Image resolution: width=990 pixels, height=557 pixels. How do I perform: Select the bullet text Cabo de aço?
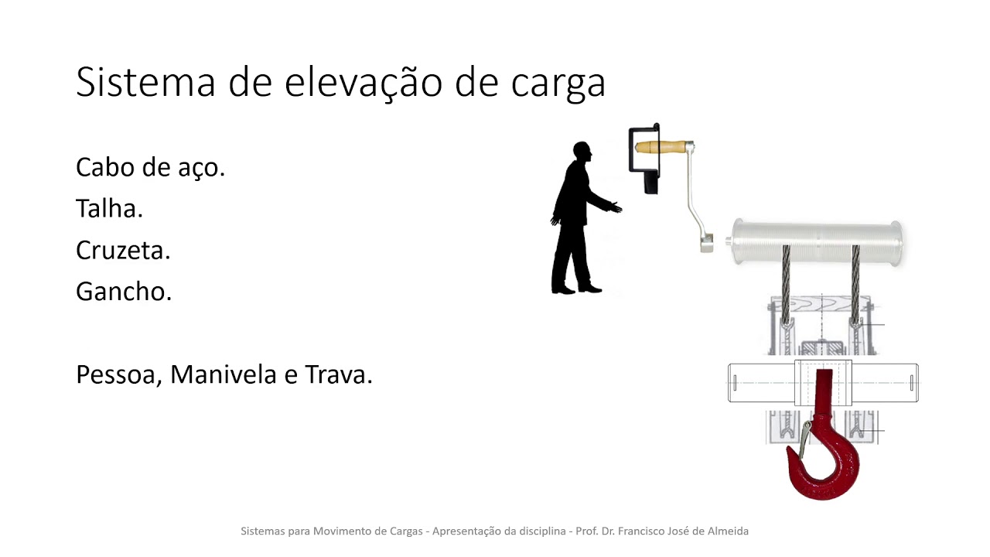(x=150, y=166)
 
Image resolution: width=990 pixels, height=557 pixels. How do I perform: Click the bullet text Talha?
(x=109, y=208)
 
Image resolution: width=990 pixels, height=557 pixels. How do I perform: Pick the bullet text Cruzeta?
(x=123, y=250)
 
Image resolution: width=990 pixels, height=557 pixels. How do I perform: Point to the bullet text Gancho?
(x=123, y=292)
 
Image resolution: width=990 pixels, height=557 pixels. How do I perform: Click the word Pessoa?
(x=118, y=374)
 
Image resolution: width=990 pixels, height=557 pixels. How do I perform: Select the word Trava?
(x=339, y=374)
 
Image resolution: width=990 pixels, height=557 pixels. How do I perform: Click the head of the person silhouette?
(x=582, y=152)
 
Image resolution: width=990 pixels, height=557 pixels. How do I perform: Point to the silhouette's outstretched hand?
(x=616, y=207)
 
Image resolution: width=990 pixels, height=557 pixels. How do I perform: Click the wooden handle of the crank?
(x=662, y=146)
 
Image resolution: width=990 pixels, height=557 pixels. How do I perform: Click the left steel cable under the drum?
(x=786, y=282)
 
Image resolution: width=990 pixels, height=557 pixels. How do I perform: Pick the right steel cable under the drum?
(x=855, y=282)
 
